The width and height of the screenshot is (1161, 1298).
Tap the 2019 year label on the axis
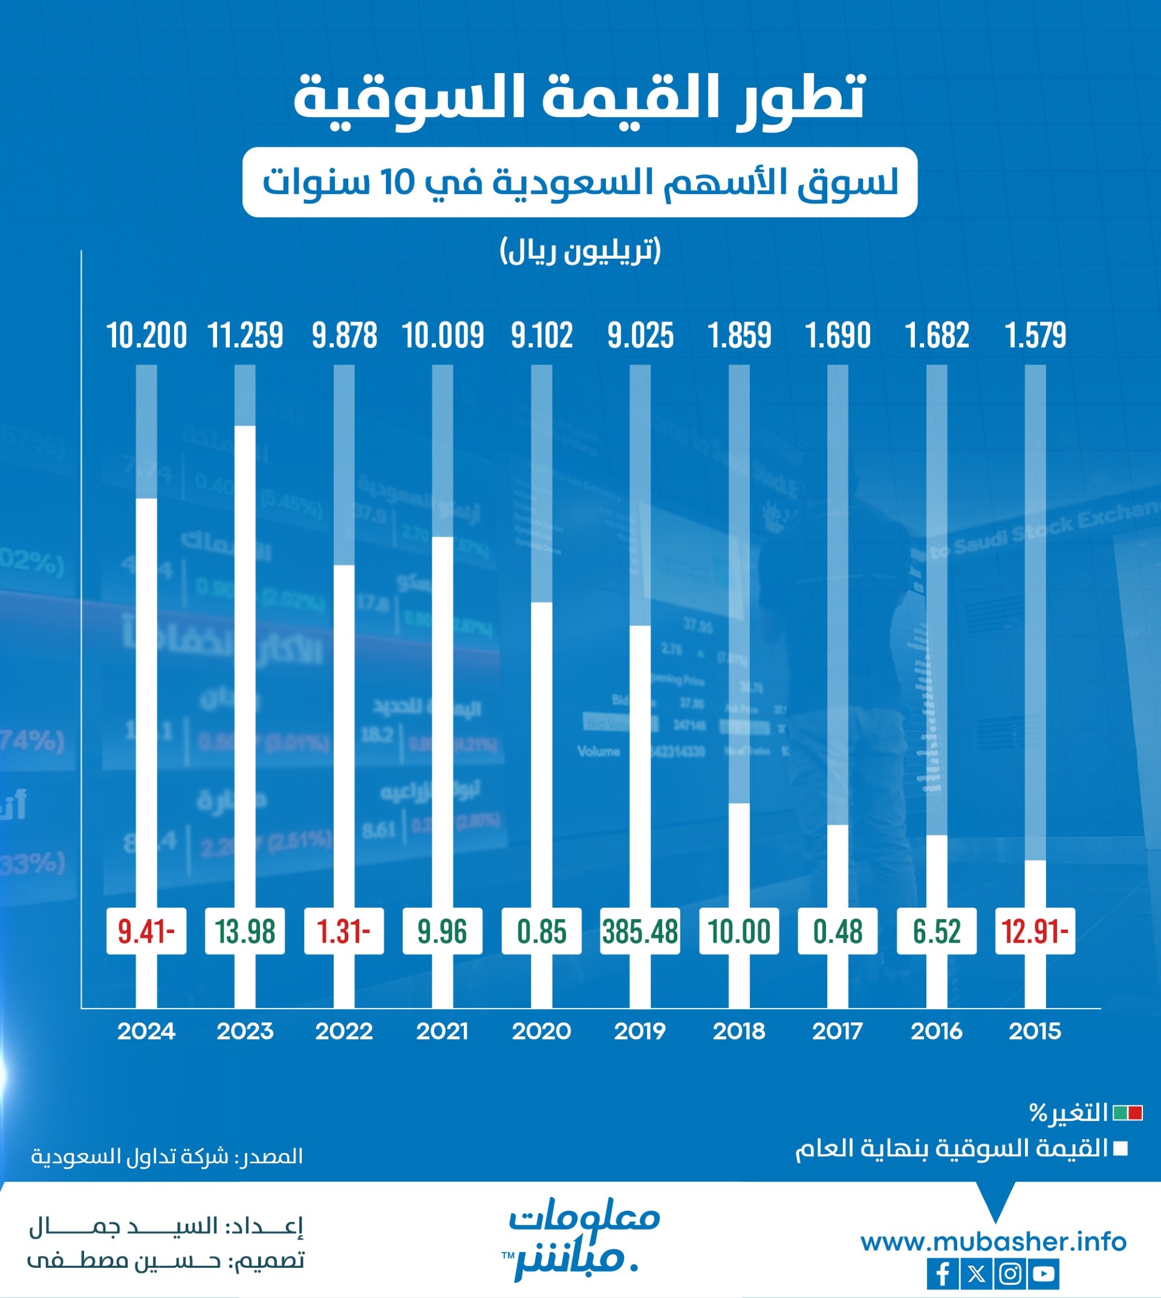pos(640,1031)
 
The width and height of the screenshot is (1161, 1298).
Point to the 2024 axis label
pos(146,1031)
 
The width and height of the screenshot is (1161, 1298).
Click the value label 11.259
pos(246,336)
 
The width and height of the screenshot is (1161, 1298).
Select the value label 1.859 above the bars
pos(740,336)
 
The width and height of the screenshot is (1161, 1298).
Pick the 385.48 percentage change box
pos(640,931)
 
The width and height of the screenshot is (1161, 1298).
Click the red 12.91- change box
pos(1035,931)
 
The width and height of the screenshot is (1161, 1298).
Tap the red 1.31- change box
pos(344,931)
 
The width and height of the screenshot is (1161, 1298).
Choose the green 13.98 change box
pos(245,931)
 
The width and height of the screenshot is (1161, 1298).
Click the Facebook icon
pos(942,1274)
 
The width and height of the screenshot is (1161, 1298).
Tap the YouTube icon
pos(1044,1274)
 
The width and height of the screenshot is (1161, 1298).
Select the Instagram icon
pos(1010,1274)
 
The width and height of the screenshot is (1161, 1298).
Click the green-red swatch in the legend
pos(1127,1114)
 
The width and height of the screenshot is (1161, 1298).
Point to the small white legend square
pos(1120,1149)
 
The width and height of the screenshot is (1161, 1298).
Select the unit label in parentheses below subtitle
pos(580,251)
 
